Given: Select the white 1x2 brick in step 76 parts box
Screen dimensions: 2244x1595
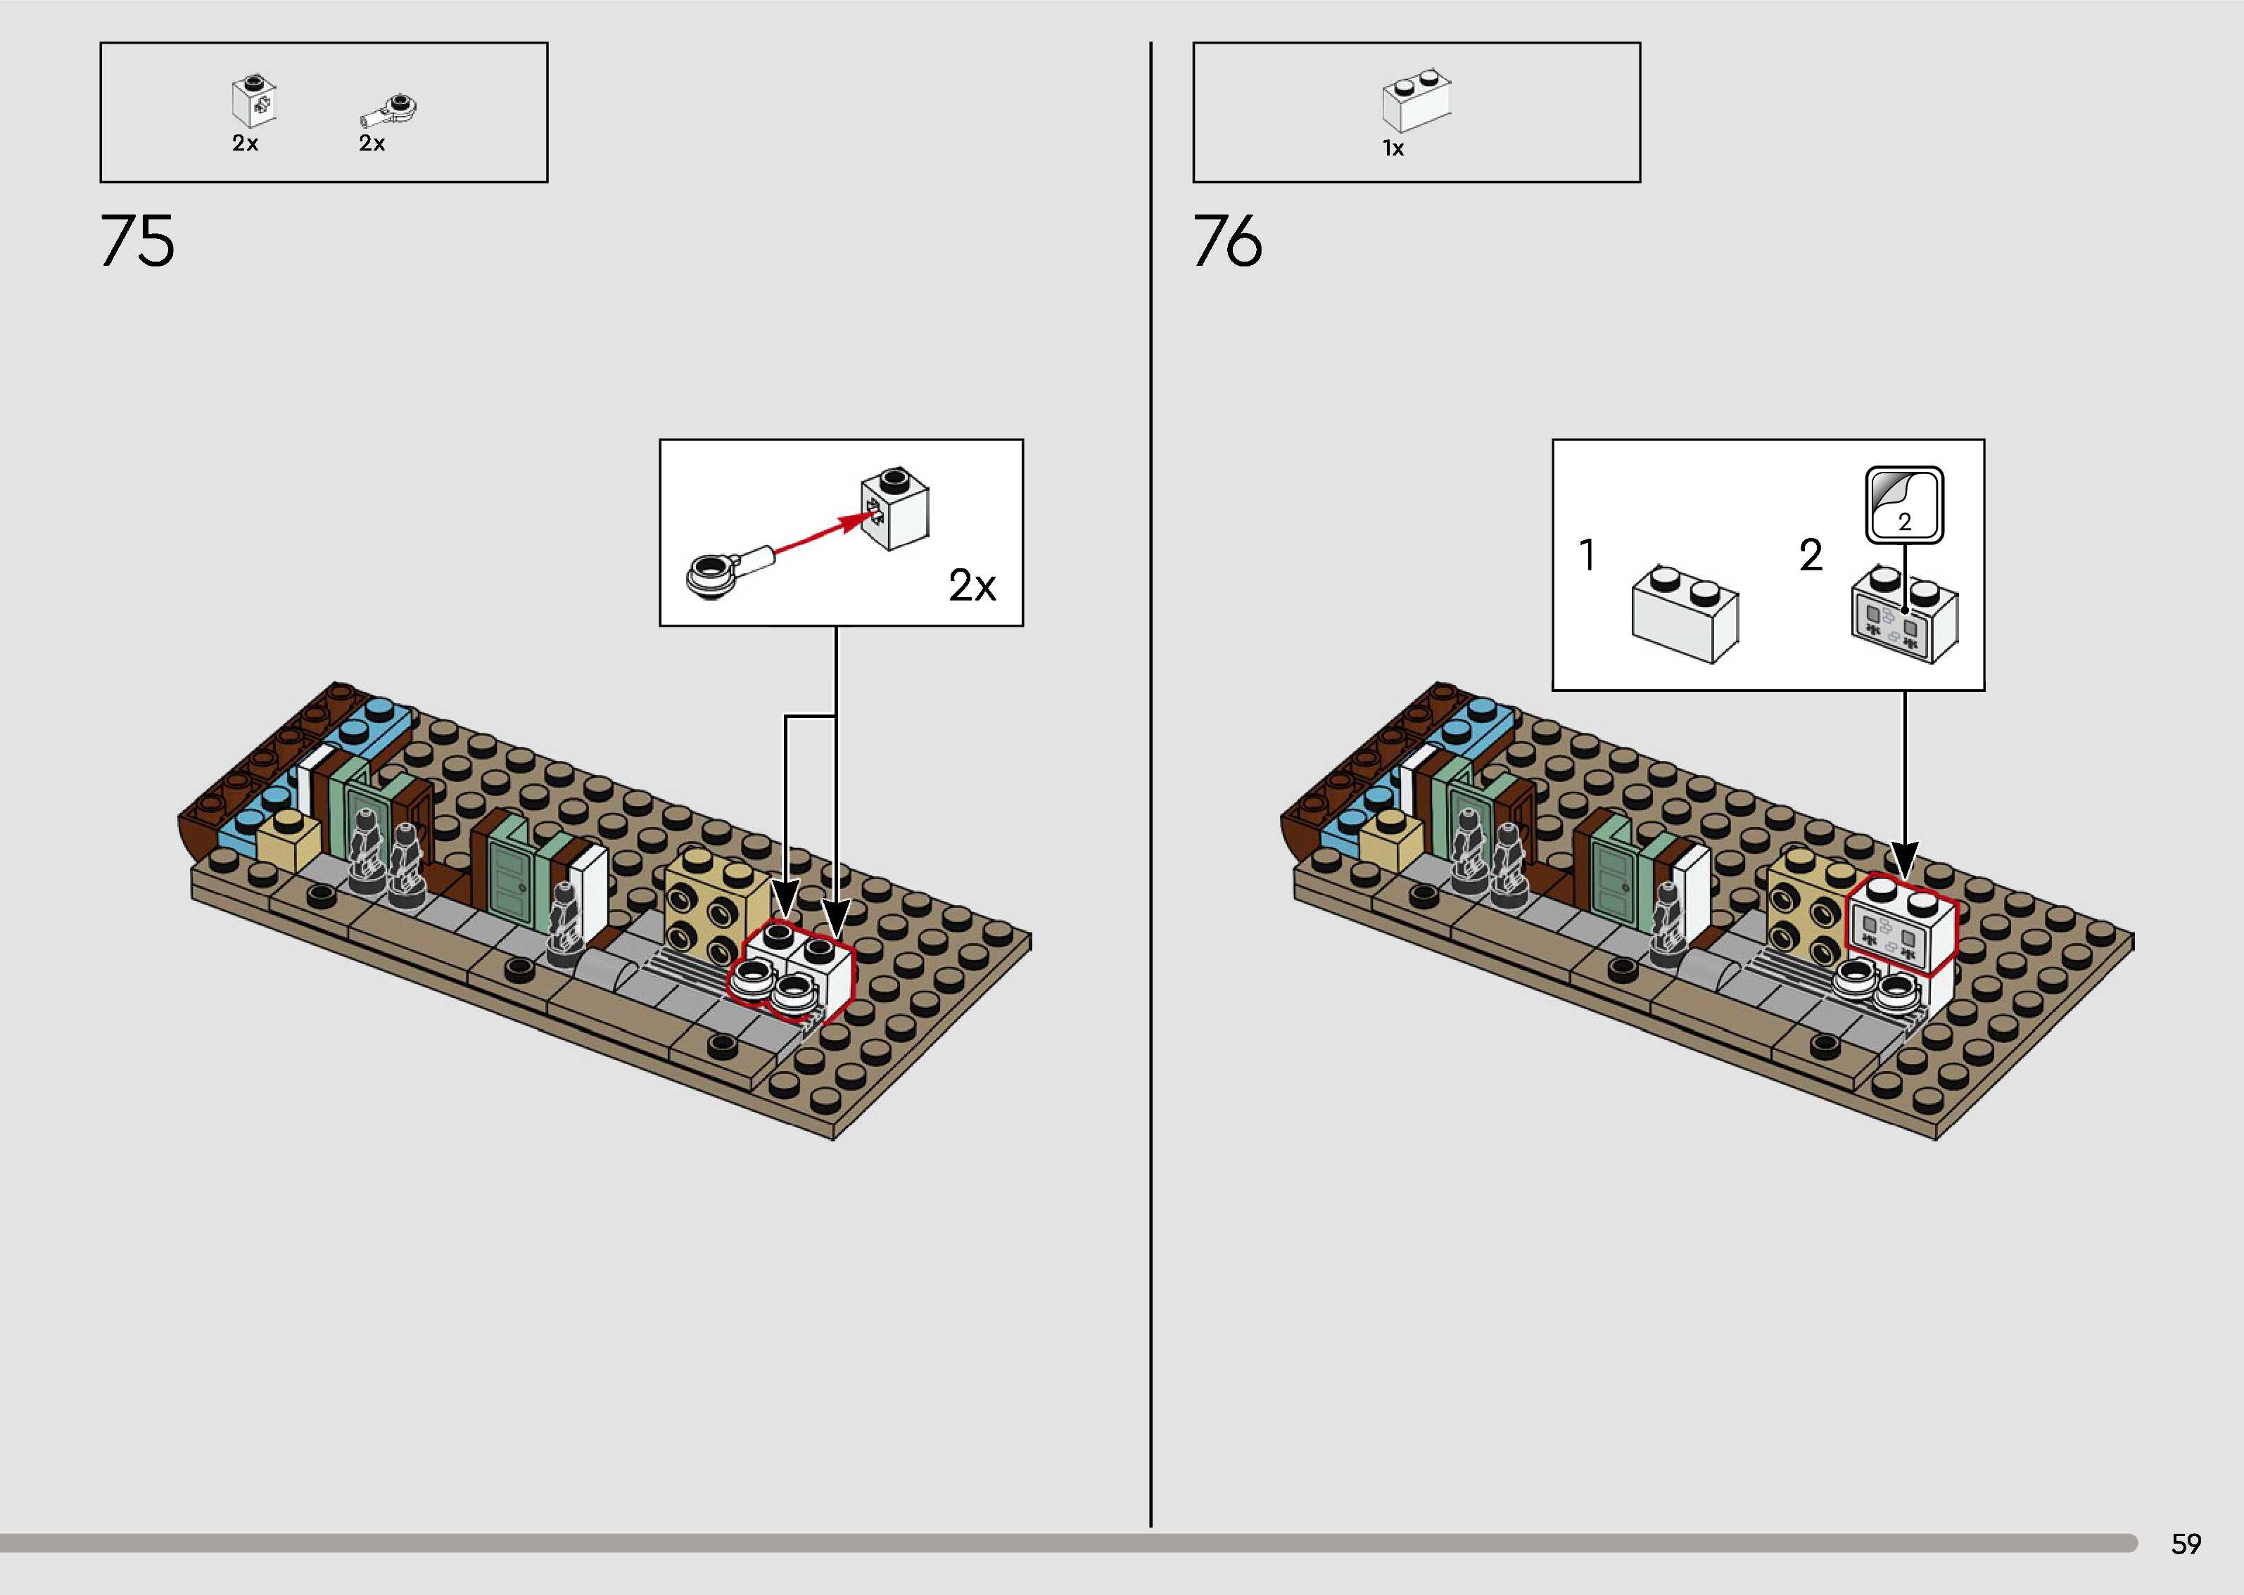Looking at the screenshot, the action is click(x=1416, y=101).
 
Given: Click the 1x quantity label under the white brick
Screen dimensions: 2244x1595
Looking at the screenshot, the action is click(x=1393, y=148).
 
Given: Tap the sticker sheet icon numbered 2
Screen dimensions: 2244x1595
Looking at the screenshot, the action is click(x=1904, y=505).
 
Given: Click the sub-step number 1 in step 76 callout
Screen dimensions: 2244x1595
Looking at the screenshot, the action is click(x=1587, y=555).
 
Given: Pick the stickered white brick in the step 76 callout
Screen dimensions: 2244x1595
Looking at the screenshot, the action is click(x=1903, y=616).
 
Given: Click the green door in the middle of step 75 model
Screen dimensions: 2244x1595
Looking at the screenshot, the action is click(x=510, y=877).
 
